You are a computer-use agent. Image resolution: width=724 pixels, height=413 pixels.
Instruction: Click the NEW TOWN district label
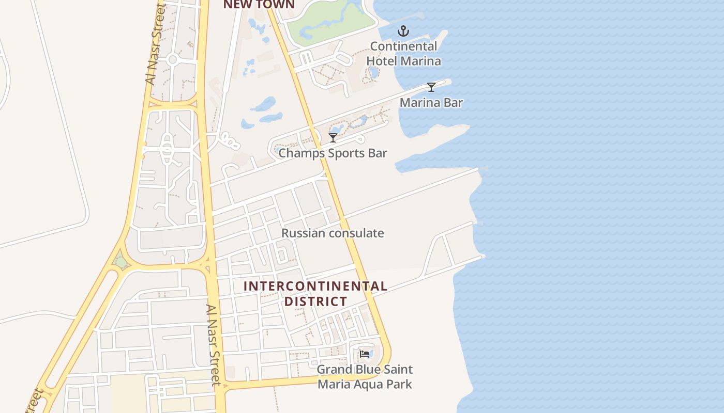(259, 5)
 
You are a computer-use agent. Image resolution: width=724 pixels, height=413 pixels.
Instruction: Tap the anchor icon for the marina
(403, 31)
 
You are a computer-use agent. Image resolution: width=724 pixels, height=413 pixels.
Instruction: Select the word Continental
(403, 46)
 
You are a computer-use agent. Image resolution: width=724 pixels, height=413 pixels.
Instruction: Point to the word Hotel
(383, 61)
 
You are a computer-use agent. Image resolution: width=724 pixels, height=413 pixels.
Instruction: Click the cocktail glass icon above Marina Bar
(431, 87)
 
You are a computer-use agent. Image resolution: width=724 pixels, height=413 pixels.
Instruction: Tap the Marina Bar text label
(431, 102)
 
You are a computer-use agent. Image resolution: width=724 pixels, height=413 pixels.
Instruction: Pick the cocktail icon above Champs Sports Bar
(333, 137)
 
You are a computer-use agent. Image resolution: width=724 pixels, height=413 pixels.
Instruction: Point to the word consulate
(356, 233)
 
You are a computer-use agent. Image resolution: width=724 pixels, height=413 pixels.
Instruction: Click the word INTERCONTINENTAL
(315, 286)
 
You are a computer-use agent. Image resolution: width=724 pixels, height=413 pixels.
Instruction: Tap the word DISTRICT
(316, 301)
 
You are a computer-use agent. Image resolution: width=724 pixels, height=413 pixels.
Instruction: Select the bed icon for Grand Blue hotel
(365, 354)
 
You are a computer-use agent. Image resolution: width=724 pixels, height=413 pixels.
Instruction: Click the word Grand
(333, 370)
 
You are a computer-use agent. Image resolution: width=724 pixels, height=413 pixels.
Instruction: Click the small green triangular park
(121, 262)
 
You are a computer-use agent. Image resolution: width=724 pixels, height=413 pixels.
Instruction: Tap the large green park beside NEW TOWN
(331, 21)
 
